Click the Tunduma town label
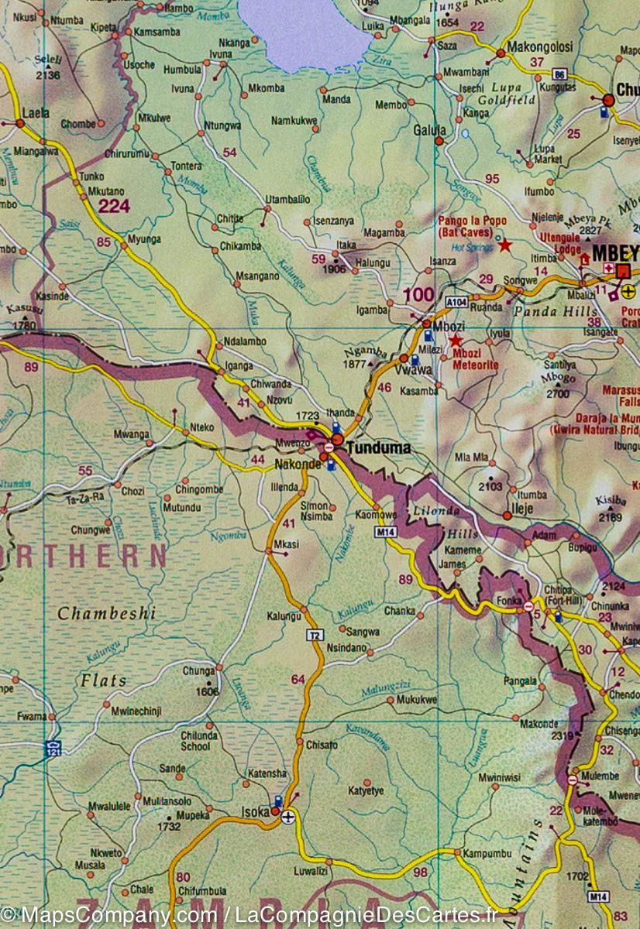click(379, 447)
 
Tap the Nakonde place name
click(298, 464)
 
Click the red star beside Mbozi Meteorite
click(456, 340)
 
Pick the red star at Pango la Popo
click(504, 245)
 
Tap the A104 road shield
click(456, 303)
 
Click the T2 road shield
click(314, 635)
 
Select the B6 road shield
click(559, 74)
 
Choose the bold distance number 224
click(114, 205)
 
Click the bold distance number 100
click(418, 293)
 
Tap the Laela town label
click(36, 112)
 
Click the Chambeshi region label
click(106, 613)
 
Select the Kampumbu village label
click(487, 855)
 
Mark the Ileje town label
click(524, 512)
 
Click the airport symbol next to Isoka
click(288, 816)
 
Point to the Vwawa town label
click(397, 369)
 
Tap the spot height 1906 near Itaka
click(334, 269)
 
